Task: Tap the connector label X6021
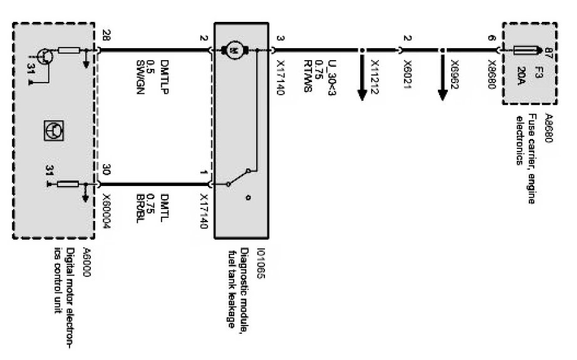(x=407, y=73)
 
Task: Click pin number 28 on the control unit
(x=105, y=38)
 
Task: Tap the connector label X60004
(x=105, y=207)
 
